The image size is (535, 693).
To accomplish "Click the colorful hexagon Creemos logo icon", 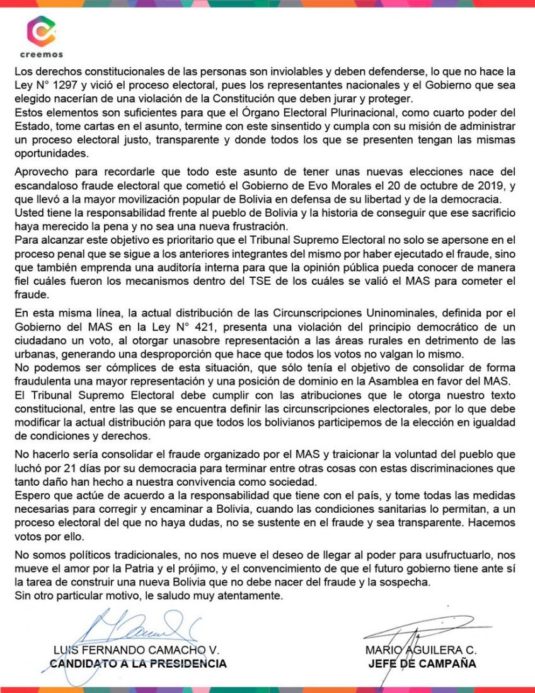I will pyautogui.click(x=41, y=31).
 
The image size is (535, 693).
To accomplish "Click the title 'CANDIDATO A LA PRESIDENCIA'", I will pyautogui.click(x=137, y=663).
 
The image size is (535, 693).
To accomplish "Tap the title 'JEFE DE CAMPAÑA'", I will pyautogui.click(x=422, y=663).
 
